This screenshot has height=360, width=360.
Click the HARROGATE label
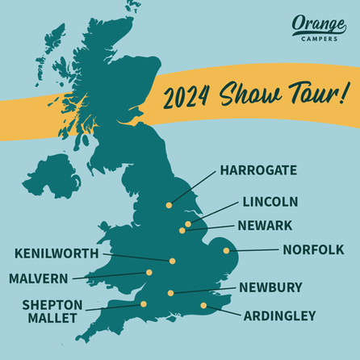258,171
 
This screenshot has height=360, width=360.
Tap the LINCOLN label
270,201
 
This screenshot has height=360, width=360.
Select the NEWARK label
265,224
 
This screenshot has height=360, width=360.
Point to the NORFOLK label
313,249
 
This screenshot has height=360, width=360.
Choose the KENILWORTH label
57,253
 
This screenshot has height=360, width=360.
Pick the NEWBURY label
270,287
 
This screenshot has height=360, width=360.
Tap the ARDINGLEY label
280,316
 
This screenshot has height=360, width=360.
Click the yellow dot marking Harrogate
169,205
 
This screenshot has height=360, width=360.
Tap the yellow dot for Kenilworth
173,261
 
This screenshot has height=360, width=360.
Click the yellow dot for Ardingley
203,306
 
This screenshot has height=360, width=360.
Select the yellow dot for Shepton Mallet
144,304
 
